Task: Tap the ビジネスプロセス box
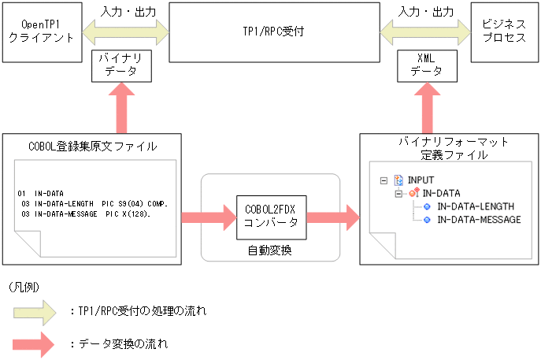pos(504,32)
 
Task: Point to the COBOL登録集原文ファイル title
pos(93,146)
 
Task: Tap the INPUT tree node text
pos(421,180)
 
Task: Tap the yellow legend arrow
pos(33,312)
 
